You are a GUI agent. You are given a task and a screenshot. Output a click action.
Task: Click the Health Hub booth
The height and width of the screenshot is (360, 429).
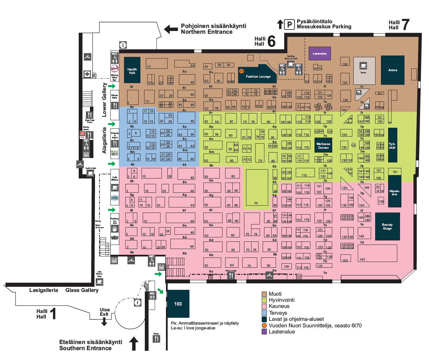[132, 70]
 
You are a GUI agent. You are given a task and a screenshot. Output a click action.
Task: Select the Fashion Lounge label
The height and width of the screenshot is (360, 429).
[258, 77]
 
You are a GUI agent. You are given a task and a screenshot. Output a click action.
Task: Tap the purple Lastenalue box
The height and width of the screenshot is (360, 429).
[320, 53]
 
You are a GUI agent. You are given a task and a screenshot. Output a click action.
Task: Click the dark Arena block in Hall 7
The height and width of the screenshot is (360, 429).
[393, 70]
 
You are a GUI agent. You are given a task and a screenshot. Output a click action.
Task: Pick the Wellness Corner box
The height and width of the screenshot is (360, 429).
[323, 146]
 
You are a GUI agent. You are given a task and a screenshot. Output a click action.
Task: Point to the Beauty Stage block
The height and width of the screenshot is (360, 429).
[387, 226]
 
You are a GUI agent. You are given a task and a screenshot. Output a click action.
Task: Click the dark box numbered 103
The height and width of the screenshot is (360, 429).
[178, 304]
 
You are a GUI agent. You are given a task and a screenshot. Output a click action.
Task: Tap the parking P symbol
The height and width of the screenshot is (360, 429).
[289, 25]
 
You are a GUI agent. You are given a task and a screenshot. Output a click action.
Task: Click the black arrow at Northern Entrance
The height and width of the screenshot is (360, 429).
[171, 29]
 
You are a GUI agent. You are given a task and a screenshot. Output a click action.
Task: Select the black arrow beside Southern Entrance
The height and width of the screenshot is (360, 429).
[134, 343]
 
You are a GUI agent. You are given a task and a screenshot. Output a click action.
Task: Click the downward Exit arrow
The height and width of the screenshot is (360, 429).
[104, 322]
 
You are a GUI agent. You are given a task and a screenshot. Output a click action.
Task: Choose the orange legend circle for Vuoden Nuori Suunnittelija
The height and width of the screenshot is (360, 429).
[264, 325]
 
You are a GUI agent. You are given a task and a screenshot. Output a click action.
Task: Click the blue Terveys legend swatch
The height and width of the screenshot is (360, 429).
[264, 313]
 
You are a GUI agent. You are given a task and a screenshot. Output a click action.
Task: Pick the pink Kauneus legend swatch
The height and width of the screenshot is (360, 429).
[264, 306]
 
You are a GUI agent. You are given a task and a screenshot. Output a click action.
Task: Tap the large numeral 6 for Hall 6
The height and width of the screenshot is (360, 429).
[271, 41]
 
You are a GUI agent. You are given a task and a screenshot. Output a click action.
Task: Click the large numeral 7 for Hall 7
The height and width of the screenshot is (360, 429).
[405, 25]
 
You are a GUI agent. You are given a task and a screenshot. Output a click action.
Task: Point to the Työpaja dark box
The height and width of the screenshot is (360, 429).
[393, 145]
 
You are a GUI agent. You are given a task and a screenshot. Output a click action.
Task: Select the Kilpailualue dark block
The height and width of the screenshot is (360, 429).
[394, 191]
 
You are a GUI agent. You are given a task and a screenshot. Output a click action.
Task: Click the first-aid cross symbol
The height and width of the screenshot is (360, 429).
[87, 74]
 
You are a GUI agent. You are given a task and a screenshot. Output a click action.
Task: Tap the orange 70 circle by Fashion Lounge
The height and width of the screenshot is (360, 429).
[241, 71]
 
